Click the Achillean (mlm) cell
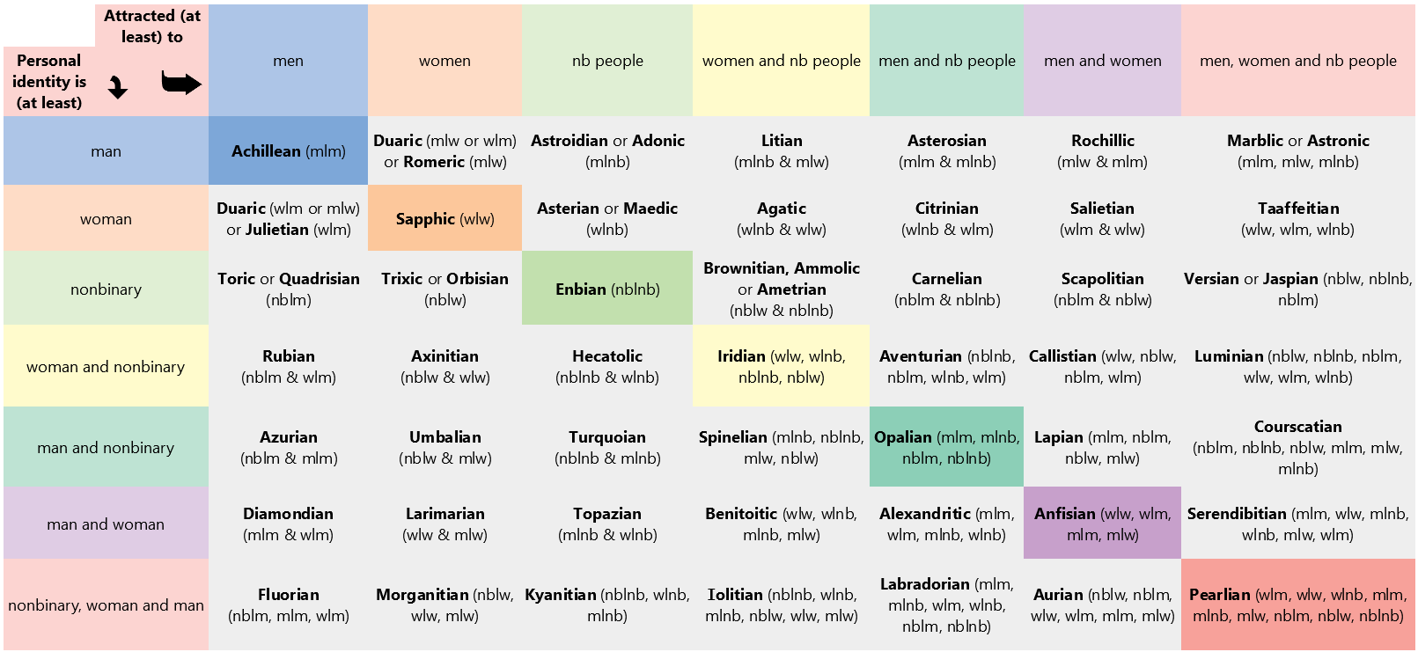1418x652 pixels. tap(288, 150)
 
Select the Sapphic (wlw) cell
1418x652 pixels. tap(445, 218)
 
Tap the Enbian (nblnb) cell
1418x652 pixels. tap(607, 289)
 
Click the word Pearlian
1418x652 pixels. tap(1219, 595)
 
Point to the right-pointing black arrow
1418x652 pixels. tap(181, 84)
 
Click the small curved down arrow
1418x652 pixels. tap(118, 87)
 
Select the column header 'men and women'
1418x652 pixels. tap(1102, 61)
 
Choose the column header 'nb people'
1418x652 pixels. tap(607, 61)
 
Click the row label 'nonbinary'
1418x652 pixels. tap(106, 289)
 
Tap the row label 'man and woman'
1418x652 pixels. tap(106, 524)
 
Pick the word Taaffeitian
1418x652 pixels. tap(1298, 209)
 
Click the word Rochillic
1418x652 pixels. tap(1102, 141)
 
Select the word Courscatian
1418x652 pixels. tap(1298, 427)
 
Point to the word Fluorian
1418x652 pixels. tap(288, 595)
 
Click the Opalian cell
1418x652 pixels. tap(946, 447)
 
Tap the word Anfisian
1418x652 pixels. tap(1064, 514)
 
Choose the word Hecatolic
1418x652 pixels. tap(607, 356)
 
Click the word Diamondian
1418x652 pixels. tap(288, 514)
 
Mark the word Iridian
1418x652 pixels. tap(741, 356)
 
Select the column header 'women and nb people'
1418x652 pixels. tap(781, 61)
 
